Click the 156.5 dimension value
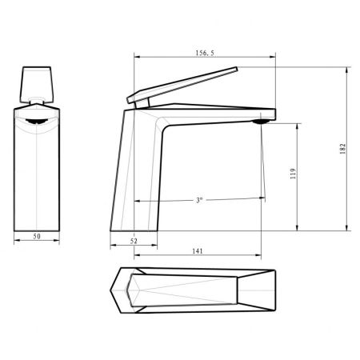(205, 53)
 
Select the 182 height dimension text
(343, 149)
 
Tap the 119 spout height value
(293, 174)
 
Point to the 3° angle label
(199, 200)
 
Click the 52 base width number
(134, 241)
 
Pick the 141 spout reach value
(198, 251)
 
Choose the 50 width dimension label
(37, 236)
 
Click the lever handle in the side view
(182, 85)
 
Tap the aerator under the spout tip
(261, 122)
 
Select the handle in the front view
(37, 85)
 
